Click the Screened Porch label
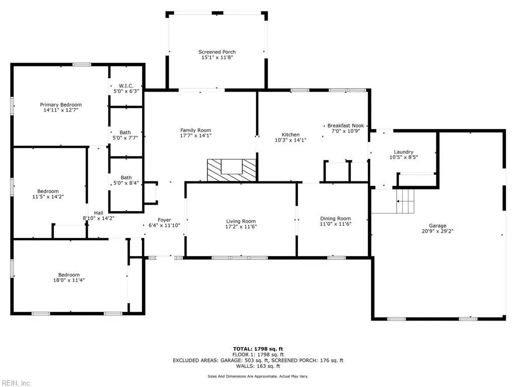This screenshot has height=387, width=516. [x=217, y=52]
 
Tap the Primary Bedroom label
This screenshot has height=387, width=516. [x=61, y=105]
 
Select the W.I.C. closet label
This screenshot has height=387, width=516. [x=126, y=86]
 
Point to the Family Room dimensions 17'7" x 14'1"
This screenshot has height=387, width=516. [x=196, y=136]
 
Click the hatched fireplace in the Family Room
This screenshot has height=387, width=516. [x=231, y=170]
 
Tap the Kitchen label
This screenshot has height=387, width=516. [x=291, y=135]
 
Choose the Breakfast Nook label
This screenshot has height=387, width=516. [x=346, y=125]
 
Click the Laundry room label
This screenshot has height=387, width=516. [x=404, y=152]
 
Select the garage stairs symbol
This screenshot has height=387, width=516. [x=405, y=201]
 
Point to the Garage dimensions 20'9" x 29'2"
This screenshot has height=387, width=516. [x=438, y=231]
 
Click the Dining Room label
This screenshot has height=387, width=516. [x=336, y=219]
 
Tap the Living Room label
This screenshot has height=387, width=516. [x=241, y=221]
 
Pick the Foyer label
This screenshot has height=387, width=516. [x=165, y=220]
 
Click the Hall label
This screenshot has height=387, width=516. [x=99, y=213]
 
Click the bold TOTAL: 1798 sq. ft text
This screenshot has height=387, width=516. [x=258, y=349]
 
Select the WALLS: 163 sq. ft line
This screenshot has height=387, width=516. [x=258, y=366]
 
